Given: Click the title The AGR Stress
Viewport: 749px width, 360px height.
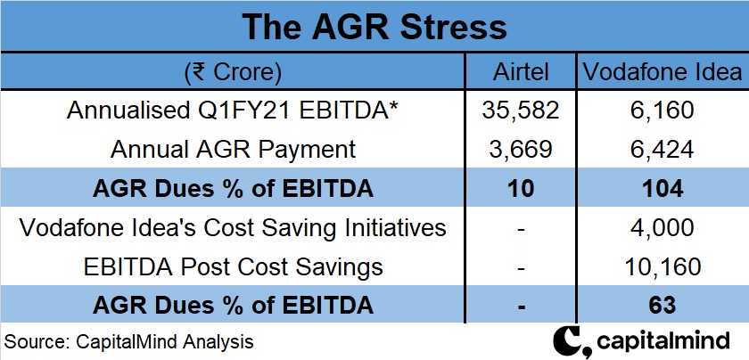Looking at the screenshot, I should [x=374, y=26].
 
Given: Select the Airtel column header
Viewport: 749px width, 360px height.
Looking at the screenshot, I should [x=523, y=72].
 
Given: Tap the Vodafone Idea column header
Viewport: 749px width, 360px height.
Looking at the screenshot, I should [x=662, y=72].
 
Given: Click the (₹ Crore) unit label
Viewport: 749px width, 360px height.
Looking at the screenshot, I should [x=233, y=72].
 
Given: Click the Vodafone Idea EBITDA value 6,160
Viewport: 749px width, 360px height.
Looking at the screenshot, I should [x=662, y=110].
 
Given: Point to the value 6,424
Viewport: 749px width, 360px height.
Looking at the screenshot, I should [x=662, y=149].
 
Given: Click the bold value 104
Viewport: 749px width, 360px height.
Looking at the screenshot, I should [x=662, y=188].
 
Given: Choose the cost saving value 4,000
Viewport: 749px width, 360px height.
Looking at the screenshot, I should [x=662, y=227].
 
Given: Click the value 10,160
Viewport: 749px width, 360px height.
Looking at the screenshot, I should [x=662, y=266].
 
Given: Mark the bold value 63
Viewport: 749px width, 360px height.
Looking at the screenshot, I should [x=662, y=306].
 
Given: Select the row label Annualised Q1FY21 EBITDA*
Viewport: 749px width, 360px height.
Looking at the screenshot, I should [x=233, y=110].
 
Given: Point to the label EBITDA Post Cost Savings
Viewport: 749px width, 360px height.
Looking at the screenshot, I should [x=233, y=266].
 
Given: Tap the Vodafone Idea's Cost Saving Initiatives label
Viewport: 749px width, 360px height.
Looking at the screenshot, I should [x=233, y=227].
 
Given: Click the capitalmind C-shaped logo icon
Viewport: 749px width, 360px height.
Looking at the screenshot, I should [x=569, y=341].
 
